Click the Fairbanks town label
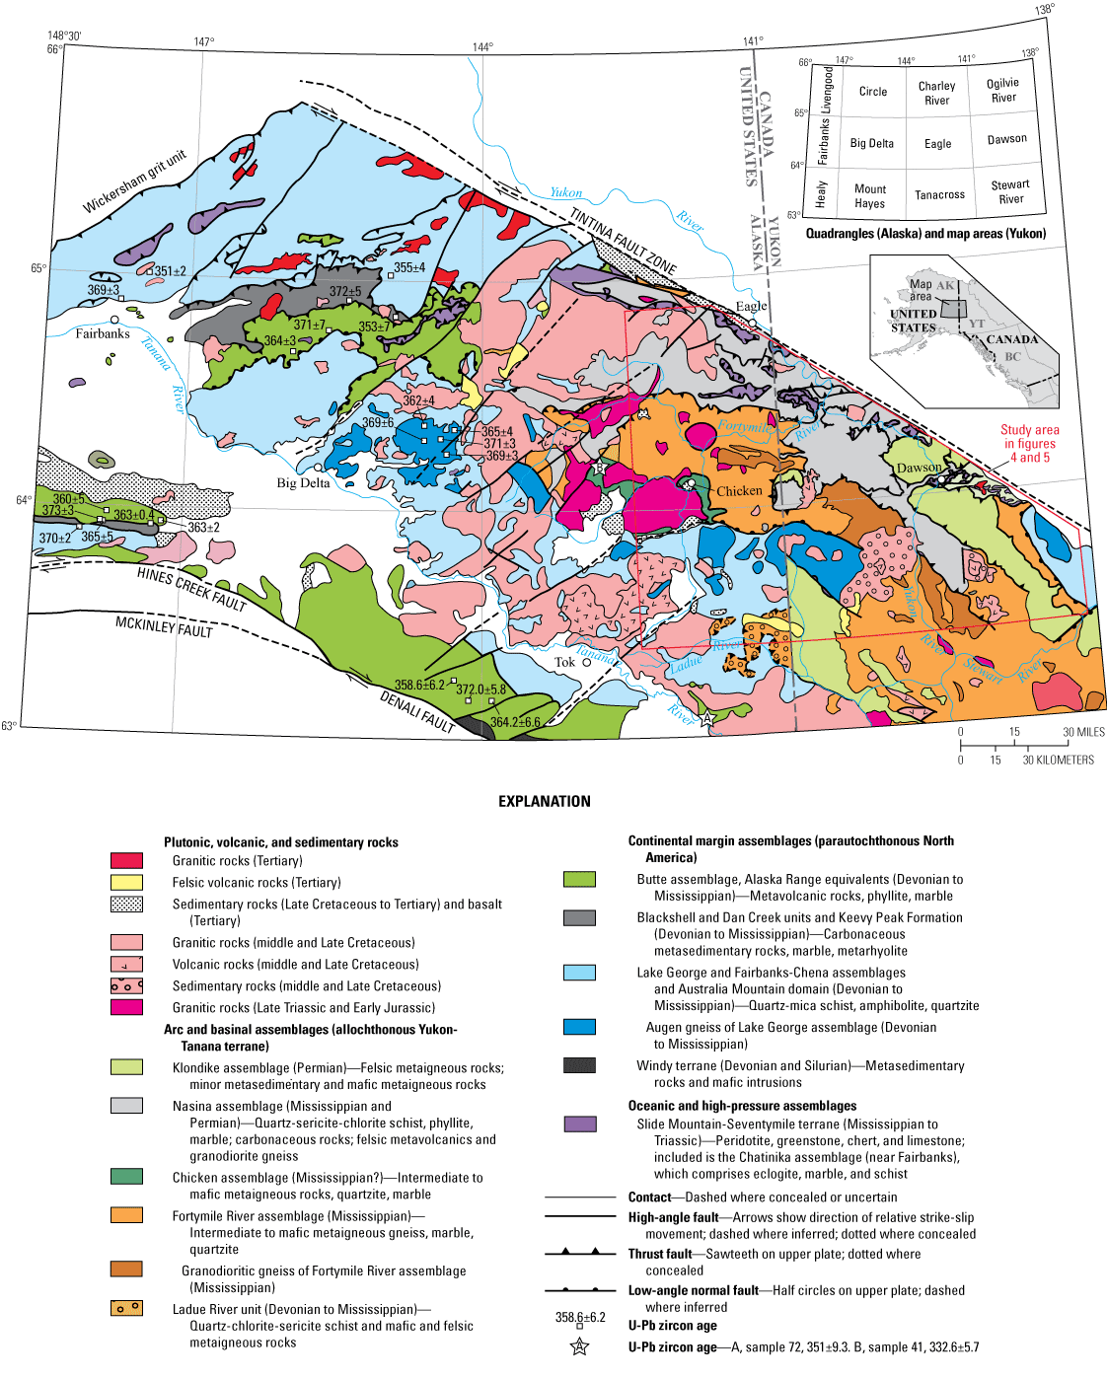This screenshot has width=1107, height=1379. (x=103, y=333)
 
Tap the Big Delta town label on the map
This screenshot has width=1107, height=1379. (x=303, y=483)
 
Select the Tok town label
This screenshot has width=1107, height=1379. (x=564, y=662)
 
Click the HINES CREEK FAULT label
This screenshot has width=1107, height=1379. (x=190, y=589)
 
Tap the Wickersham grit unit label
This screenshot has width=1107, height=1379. (x=134, y=181)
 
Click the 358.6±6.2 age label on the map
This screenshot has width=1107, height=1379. (x=419, y=685)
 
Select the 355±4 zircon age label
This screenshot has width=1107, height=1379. (x=409, y=267)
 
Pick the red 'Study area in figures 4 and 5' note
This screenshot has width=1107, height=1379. (x=1030, y=444)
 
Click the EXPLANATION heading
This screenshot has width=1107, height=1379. (x=545, y=802)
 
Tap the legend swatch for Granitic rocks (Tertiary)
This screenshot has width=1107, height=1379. (x=126, y=861)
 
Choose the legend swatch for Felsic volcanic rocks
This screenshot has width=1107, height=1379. (x=126, y=883)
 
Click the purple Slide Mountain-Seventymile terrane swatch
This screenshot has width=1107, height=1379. (x=579, y=1125)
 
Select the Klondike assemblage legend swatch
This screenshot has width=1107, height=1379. (x=126, y=1067)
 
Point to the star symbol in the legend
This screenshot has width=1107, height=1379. (x=579, y=1346)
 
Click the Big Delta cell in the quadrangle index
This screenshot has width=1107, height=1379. (x=872, y=143)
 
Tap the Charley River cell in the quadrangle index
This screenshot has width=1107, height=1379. (x=936, y=93)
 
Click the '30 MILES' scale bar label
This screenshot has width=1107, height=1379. (x=1083, y=732)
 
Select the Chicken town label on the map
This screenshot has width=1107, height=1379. (x=739, y=490)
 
